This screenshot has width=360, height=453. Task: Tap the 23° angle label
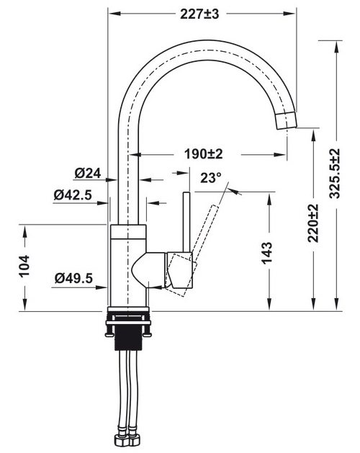(x=210, y=178)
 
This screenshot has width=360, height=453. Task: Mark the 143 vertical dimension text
(x=267, y=251)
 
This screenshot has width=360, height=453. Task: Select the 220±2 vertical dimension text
(x=312, y=223)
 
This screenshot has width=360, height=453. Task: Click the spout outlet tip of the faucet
(x=287, y=121)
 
